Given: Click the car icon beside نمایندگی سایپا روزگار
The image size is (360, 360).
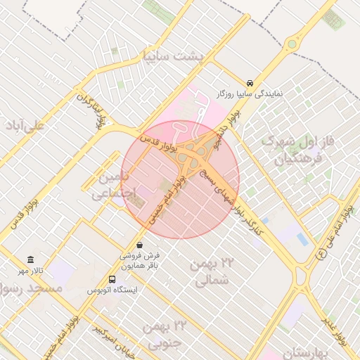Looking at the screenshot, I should [x=251, y=82].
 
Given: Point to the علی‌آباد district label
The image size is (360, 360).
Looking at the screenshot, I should [x=25, y=125].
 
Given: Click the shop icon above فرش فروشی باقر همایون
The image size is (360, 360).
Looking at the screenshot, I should [x=139, y=245].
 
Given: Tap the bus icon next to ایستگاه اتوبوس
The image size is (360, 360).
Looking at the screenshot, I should [x=112, y=279].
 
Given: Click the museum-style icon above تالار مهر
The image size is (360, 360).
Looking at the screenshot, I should [x=30, y=259].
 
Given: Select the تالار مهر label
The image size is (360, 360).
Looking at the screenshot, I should [x=31, y=271].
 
